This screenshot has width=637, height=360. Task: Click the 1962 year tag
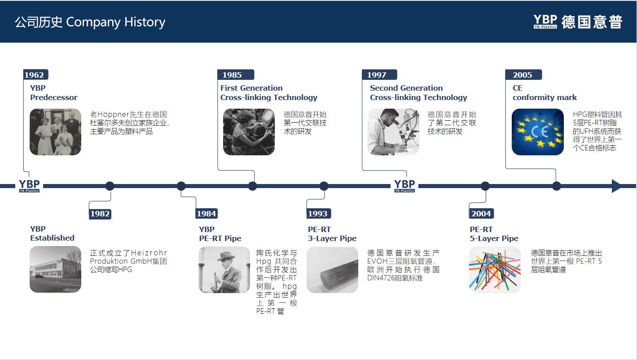tap(35, 75)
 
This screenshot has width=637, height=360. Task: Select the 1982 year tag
tap(100, 214)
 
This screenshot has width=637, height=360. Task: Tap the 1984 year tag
tap(206, 213)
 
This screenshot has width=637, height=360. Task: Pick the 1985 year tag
tap(236, 75)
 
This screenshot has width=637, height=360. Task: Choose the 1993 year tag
tap(319, 213)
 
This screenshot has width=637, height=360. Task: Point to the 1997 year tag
tap(379, 75)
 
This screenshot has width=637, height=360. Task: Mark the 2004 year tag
tap(481, 213)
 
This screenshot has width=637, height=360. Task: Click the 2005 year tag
tap(523, 75)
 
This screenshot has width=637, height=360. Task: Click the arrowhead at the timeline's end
tap(616, 186)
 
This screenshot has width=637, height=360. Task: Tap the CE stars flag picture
tap(538, 132)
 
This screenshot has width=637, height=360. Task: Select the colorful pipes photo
tap(495, 270)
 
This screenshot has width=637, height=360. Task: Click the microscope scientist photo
tap(393, 132)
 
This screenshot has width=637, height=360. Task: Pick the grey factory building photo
tap(56, 269)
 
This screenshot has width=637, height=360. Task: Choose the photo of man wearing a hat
tap(224, 270)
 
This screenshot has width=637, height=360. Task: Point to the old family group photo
tap(56, 132)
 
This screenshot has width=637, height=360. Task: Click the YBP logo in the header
tap(545, 22)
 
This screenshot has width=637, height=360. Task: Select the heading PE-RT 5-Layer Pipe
tap(494, 234)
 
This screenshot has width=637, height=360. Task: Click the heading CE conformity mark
tap(545, 93)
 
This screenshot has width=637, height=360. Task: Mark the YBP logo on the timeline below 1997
tap(404, 186)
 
